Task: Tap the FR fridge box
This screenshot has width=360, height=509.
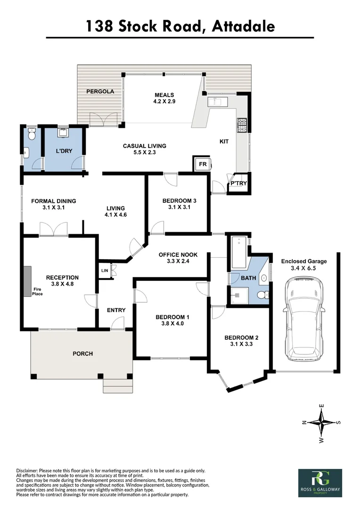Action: [202, 164]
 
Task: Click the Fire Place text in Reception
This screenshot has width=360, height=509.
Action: [38, 292]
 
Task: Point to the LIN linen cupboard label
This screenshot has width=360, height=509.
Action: [104, 271]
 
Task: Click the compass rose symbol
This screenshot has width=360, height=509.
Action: [321, 422]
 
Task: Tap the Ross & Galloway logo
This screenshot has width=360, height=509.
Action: [320, 483]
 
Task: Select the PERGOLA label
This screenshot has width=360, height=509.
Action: [100, 91]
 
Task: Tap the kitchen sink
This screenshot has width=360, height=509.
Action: [218, 101]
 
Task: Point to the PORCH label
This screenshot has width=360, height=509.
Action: [82, 353]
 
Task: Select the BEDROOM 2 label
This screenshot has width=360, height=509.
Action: [241, 337]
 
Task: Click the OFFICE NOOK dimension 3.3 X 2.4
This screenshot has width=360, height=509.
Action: [178, 261]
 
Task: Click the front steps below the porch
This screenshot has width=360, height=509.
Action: [118, 386]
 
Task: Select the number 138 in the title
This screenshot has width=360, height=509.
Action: [99, 26]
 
